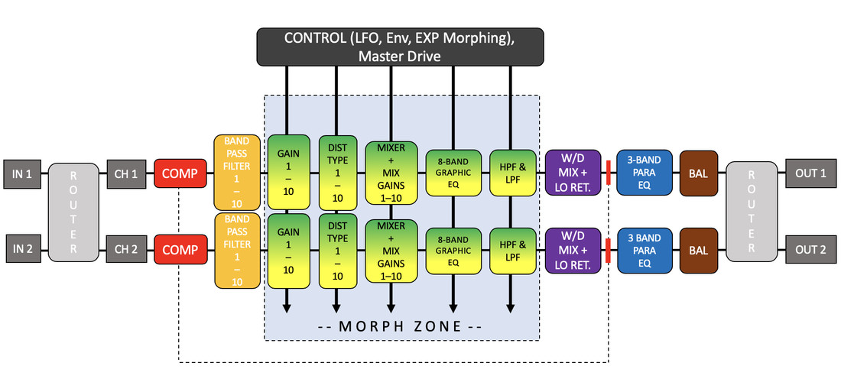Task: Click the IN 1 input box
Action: tap(21, 173)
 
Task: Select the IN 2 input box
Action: tap(21, 250)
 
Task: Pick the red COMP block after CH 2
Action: tap(180, 250)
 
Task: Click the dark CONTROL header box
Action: tap(400, 47)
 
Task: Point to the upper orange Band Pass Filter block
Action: tap(237, 172)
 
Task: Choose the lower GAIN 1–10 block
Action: tap(287, 250)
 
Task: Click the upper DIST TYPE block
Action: tap(337, 172)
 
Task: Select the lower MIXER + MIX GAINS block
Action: tap(391, 250)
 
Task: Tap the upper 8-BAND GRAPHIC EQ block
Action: tap(453, 173)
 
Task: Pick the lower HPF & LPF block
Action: tap(511, 250)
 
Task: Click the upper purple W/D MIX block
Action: tap(572, 173)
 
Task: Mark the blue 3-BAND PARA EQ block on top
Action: tap(643, 173)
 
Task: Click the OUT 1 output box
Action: tap(810, 173)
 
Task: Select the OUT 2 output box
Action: tap(810, 250)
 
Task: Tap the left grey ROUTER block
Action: tap(74, 212)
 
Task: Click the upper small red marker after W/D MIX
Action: tap(609, 173)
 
